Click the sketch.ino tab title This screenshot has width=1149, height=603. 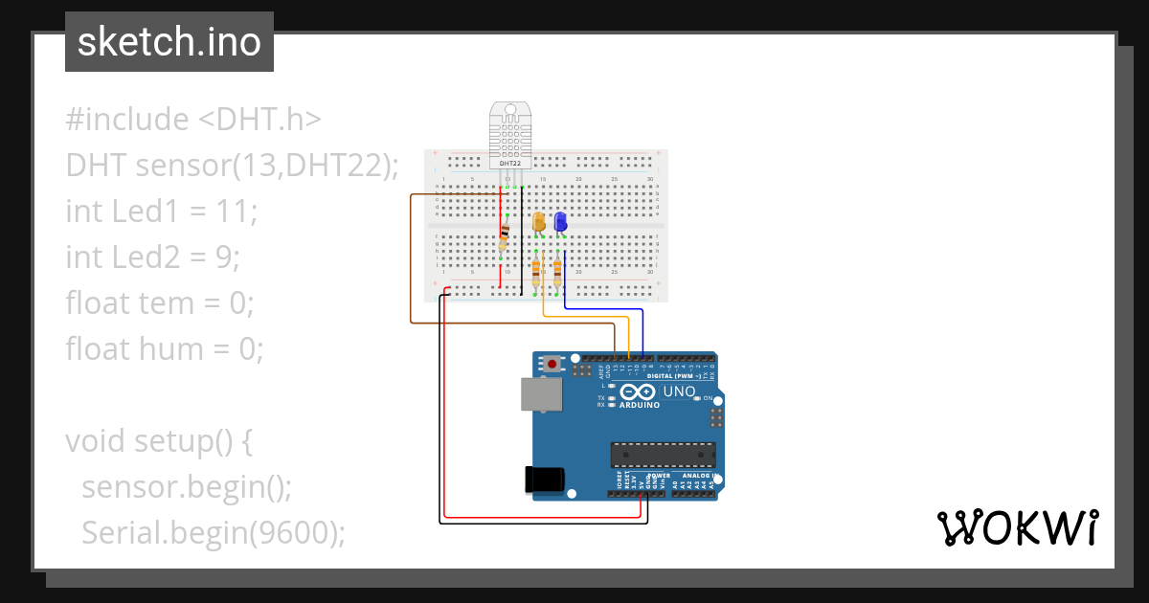coord(169,42)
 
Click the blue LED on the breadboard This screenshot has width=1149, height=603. coord(560,222)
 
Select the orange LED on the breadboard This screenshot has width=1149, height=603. coord(539,222)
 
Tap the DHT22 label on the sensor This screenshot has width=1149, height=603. coord(510,164)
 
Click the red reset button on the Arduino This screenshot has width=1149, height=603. coord(553,364)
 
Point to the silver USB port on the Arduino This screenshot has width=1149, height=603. coord(542,394)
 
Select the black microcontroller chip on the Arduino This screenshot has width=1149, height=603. coord(664,456)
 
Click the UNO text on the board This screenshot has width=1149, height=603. coord(680,391)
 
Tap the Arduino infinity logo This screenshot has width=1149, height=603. coord(638,391)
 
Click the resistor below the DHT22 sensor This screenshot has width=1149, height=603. coord(505,235)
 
